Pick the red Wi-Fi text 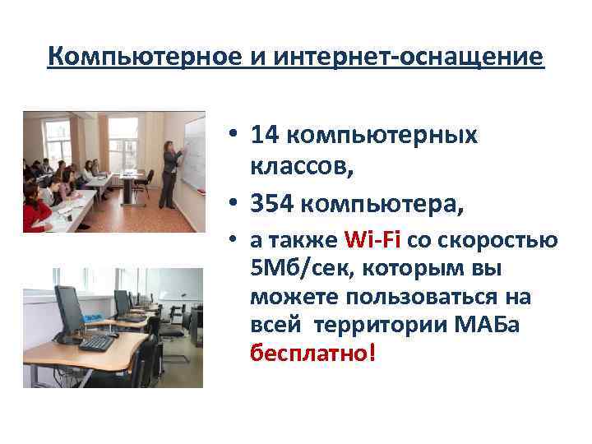pyautogui.click(x=372, y=241)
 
